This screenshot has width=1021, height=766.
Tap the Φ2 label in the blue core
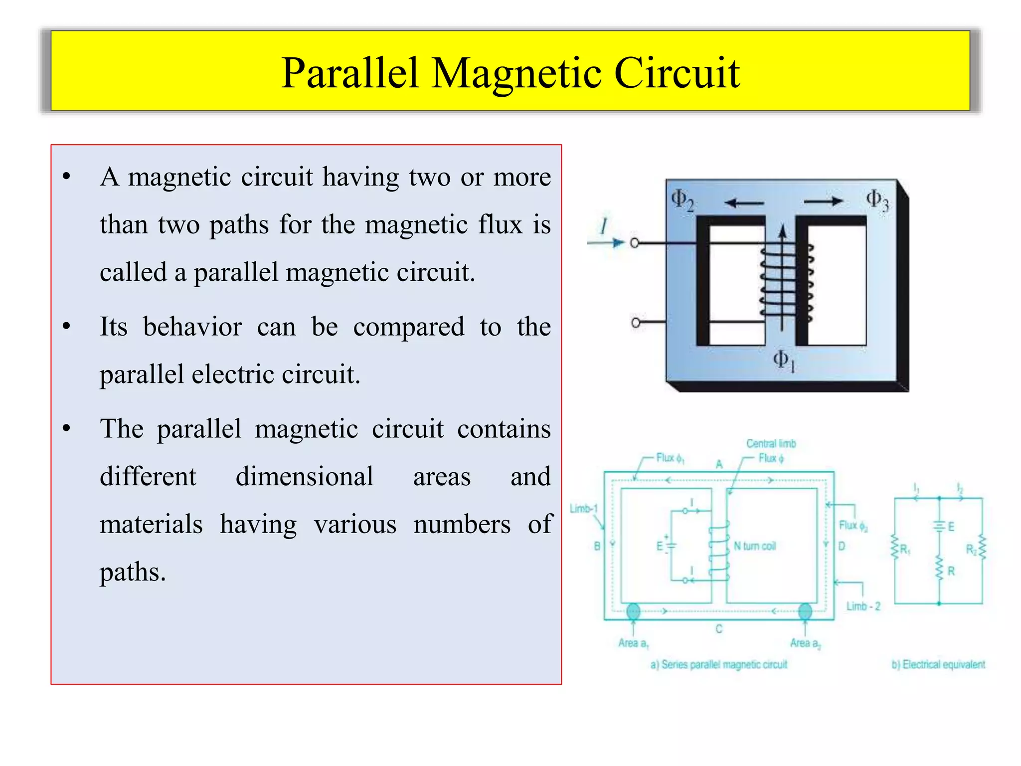(682, 200)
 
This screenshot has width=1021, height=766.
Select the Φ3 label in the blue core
(877, 200)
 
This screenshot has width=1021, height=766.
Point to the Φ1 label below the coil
(784, 360)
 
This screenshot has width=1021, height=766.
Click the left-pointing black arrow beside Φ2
(744, 202)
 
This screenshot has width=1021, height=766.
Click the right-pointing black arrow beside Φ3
(823, 201)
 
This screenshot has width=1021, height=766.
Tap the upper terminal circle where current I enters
(635, 243)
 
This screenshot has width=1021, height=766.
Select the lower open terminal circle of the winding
(636, 323)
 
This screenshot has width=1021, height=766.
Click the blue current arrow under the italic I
(606, 243)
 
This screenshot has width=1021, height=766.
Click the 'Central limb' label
(771, 443)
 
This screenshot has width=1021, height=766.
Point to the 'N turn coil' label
(755, 546)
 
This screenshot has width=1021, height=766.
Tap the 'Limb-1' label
(583, 509)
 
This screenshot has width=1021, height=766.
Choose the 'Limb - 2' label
(863, 606)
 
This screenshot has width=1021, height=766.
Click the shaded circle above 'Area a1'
(633, 611)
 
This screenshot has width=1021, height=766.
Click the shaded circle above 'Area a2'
(805, 611)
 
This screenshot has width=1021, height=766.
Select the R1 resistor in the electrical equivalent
(895, 549)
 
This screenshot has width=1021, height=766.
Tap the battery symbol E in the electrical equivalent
(939, 526)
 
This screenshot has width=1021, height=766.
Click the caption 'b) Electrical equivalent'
(938, 664)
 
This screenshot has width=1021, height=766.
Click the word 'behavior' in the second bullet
(192, 327)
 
